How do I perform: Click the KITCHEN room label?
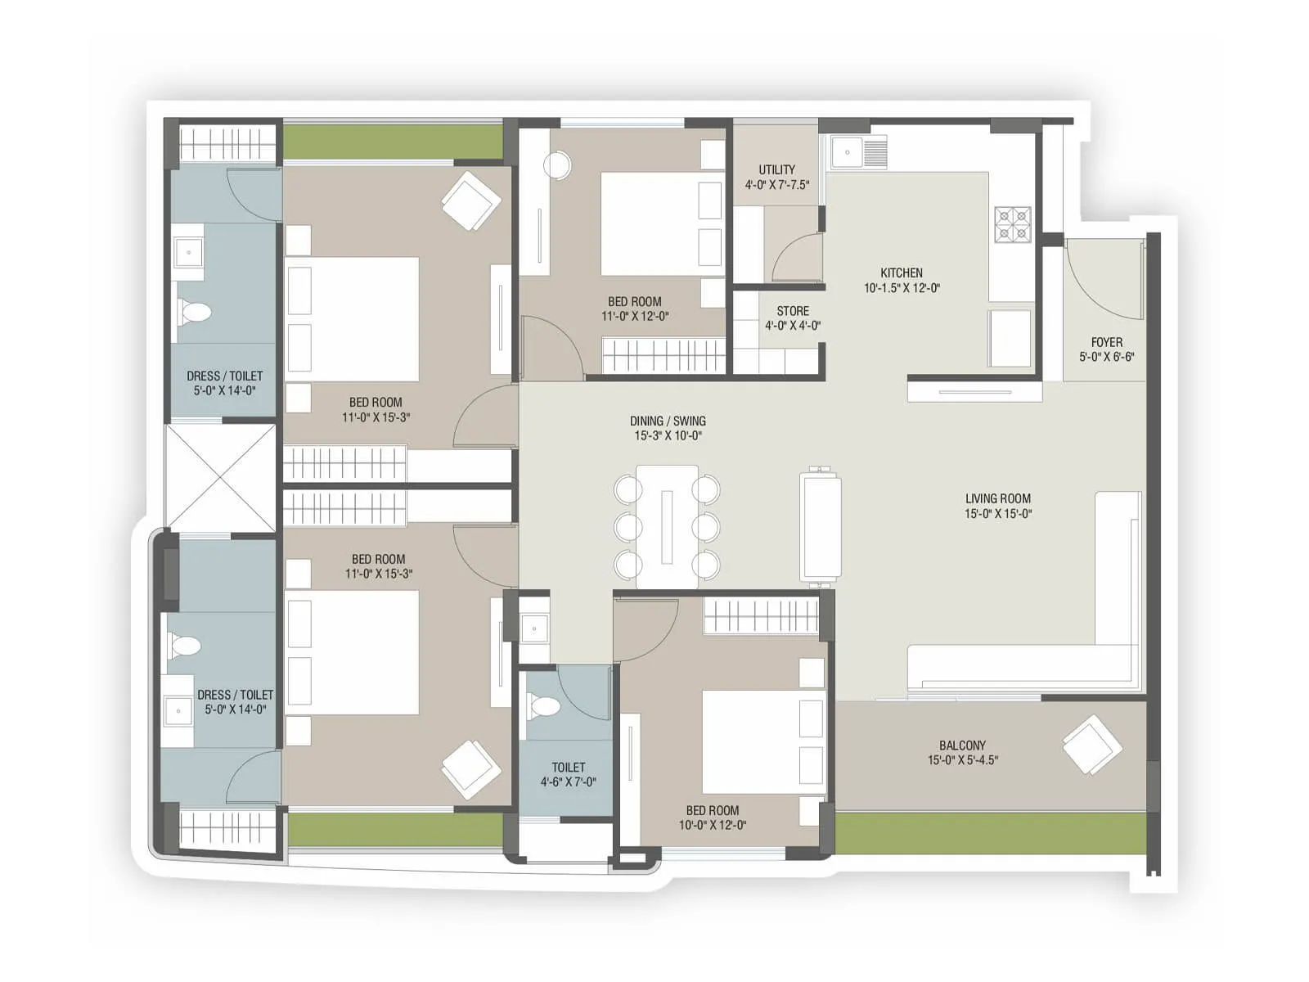[x=902, y=273]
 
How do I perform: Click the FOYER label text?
[x=1106, y=342]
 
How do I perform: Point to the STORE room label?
[x=792, y=311]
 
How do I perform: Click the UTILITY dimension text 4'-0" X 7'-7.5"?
[x=776, y=185]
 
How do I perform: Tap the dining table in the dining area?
[x=667, y=526]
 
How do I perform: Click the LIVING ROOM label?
[x=997, y=498]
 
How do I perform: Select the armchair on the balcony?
[x=1091, y=745]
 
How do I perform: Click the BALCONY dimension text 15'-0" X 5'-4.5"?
[x=962, y=760]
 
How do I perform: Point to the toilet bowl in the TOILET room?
[x=543, y=705]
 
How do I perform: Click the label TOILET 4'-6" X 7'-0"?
[x=568, y=774]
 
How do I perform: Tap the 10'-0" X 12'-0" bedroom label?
[x=712, y=818]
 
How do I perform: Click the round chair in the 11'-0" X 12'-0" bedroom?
[x=558, y=166]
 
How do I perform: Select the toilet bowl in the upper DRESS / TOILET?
[x=195, y=312]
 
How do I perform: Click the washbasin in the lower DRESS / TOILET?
[x=178, y=711]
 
